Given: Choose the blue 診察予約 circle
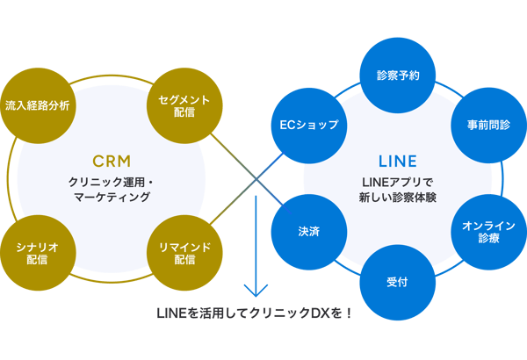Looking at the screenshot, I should click(397, 75).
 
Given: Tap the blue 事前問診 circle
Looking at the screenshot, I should click(488, 126).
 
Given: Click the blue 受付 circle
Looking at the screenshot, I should click(397, 284).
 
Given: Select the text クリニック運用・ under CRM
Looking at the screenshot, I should click(111, 182).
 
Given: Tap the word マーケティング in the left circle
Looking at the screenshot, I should click(111, 198).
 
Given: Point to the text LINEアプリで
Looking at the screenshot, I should click(397, 182).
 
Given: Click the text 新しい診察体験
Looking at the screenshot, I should click(397, 198).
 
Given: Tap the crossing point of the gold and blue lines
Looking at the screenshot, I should click(256, 180).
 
